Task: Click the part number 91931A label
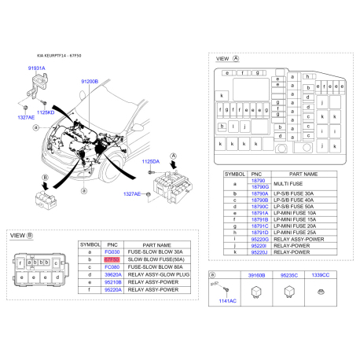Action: [x=37, y=69]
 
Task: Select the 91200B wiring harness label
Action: [x=90, y=81]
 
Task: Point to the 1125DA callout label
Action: [x=151, y=161]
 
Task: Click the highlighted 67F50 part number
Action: [x=112, y=258]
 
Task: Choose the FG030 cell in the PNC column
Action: [x=112, y=252]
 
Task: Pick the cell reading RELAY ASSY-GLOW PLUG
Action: [x=160, y=275]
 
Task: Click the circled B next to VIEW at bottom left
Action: [x=30, y=236]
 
